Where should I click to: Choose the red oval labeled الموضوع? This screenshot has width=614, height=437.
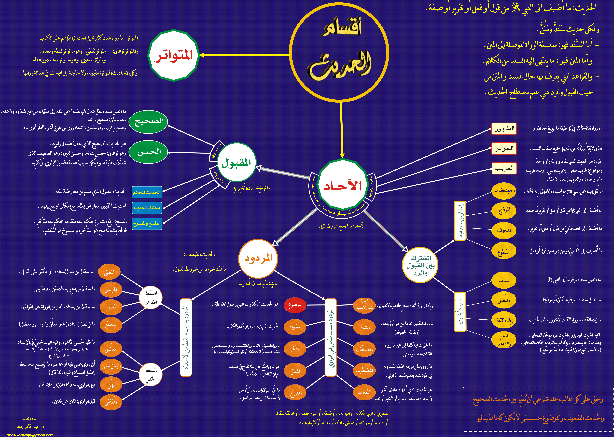pos(295,305)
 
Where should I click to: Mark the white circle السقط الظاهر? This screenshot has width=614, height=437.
pos(151,297)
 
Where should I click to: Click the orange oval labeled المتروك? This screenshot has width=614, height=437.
pos(295,327)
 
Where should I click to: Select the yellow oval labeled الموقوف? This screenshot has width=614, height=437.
pos(504,230)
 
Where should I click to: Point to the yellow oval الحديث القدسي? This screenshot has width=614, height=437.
pos(504,191)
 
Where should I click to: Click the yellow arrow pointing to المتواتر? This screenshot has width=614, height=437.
pos(242,55)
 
